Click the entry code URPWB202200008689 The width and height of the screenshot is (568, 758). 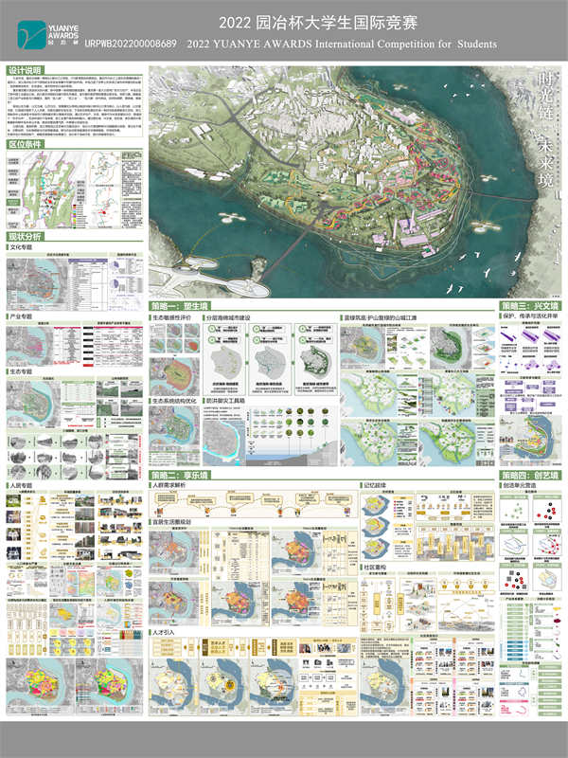point(130,44)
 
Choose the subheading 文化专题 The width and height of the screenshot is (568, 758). point(25,247)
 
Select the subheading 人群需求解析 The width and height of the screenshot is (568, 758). point(174,484)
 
